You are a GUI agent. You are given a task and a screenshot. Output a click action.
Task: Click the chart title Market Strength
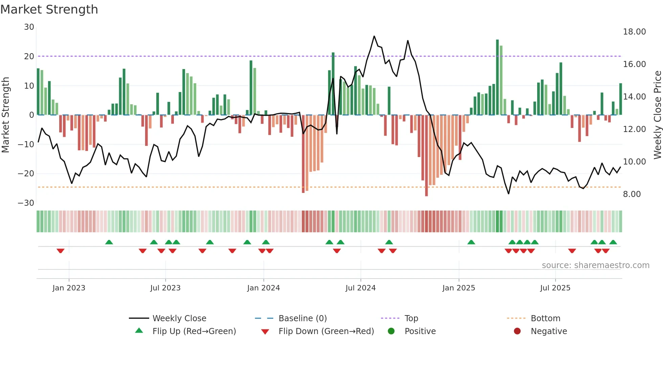coord(49,9)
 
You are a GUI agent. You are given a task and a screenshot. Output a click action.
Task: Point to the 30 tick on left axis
coord(29,27)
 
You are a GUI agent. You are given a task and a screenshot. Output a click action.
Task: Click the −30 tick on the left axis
coord(26,203)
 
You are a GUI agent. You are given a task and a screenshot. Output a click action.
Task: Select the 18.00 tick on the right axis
coord(634,32)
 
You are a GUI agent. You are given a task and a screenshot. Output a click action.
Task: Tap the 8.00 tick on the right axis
coord(632,194)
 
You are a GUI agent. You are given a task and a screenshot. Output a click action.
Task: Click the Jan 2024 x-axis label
coord(264,288)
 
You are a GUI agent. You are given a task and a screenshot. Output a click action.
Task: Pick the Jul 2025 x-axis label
coord(555,288)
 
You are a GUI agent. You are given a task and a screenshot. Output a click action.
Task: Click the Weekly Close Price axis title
coord(657,115)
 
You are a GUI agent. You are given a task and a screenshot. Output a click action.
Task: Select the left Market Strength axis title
coord(5,115)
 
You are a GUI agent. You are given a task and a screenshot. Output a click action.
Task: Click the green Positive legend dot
coord(391,331)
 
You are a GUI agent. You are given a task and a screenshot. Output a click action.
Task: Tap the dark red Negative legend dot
coord(517,331)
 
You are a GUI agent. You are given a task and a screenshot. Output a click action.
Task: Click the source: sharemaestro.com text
coord(595,265)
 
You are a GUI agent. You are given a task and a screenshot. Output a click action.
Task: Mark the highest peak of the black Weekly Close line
coord(374,36)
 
